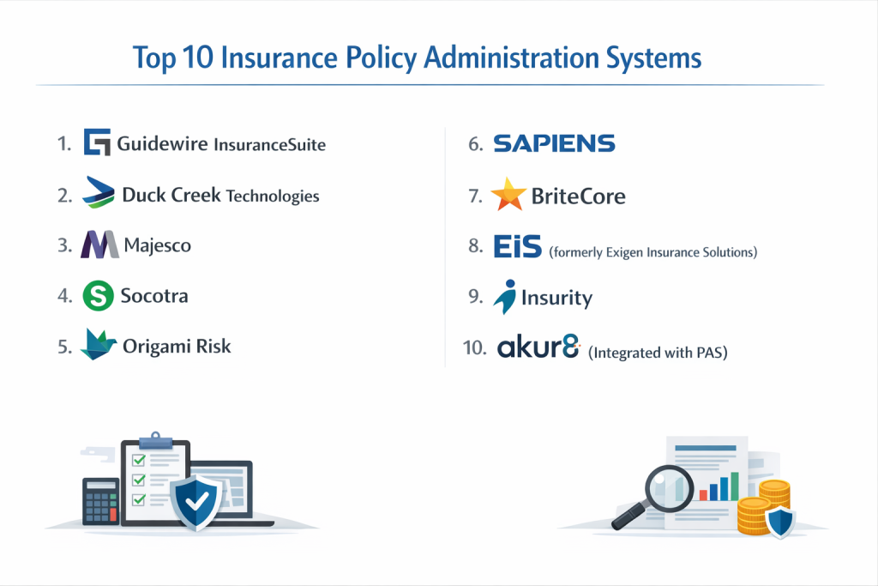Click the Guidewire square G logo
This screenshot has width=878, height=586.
pyautogui.click(x=97, y=142)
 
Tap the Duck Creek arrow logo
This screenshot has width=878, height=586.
pyautogui.click(x=98, y=192)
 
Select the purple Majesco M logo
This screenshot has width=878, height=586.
pyautogui.click(x=99, y=245)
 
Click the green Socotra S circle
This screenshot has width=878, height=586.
pyautogui.click(x=98, y=295)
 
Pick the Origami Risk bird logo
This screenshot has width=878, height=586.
pyautogui.click(x=98, y=344)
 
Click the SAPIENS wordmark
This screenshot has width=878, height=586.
pyautogui.click(x=555, y=143)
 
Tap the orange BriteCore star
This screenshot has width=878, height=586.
pyautogui.click(x=508, y=195)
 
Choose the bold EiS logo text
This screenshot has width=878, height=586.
pyautogui.click(x=517, y=246)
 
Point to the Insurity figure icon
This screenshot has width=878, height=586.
pyautogui.click(x=506, y=297)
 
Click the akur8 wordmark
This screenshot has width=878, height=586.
pyautogui.click(x=538, y=347)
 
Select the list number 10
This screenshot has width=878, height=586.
pyautogui.click(x=474, y=347)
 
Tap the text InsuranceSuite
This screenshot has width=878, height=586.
pyautogui.click(x=269, y=144)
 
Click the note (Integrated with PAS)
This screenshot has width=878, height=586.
pyautogui.click(x=658, y=353)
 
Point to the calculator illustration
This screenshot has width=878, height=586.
pyautogui.click(x=101, y=501)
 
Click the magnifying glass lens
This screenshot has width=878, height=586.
pyautogui.click(x=669, y=488)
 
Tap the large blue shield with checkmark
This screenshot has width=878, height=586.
pyautogui.click(x=196, y=502)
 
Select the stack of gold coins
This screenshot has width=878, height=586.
pyautogui.click(x=762, y=507)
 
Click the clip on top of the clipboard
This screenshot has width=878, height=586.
pyautogui.click(x=156, y=441)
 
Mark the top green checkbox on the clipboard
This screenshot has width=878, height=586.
pyautogui.click(x=138, y=460)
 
